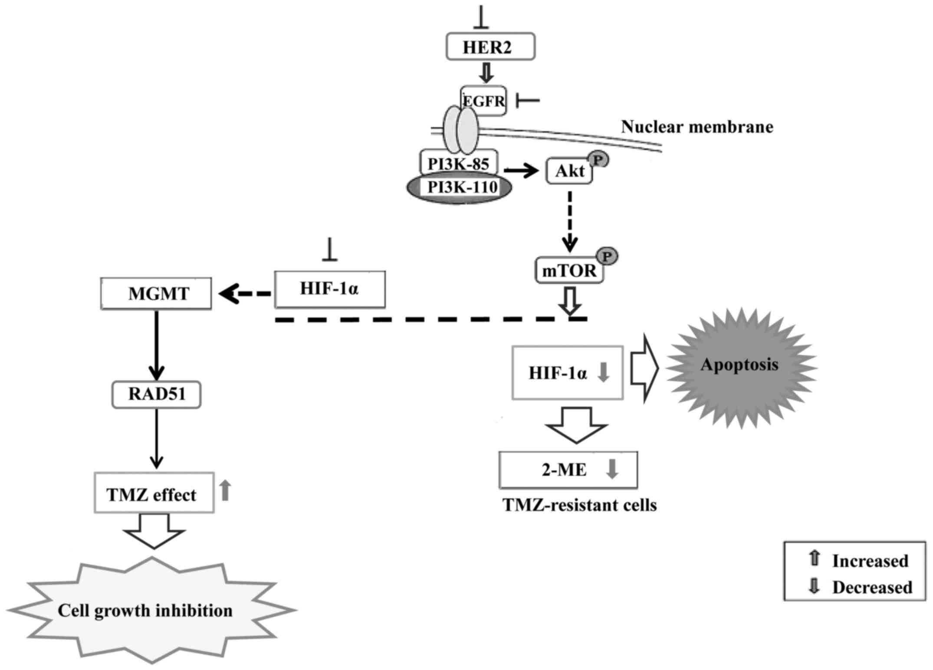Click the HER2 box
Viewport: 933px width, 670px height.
pyautogui.click(x=490, y=46)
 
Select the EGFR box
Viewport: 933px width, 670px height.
pyautogui.click(x=483, y=101)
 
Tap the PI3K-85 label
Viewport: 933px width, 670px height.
pyautogui.click(x=459, y=163)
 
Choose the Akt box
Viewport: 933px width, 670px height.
pyautogui.click(x=569, y=171)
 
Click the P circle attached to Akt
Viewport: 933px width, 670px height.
pyautogui.click(x=598, y=160)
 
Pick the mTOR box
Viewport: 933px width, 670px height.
pyautogui.click(x=569, y=271)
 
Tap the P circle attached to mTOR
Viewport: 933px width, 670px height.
pyautogui.click(x=607, y=257)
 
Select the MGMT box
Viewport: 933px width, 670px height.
pyautogui.click(x=156, y=294)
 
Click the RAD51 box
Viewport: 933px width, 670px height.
pyautogui.click(x=156, y=394)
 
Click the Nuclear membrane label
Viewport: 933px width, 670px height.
pyautogui.click(x=697, y=127)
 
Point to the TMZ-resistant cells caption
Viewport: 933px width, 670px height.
pyautogui.click(x=579, y=505)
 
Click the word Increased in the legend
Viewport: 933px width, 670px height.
pyautogui.click(x=870, y=561)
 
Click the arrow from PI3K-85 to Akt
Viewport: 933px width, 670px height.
pyautogui.click(x=521, y=171)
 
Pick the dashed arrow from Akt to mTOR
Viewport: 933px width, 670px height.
pyautogui.click(x=570, y=221)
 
